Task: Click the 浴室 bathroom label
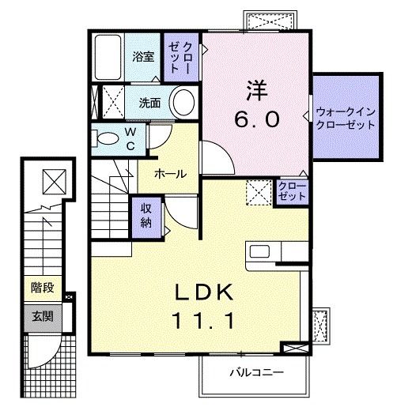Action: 142,58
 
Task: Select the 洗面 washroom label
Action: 150,102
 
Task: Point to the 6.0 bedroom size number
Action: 255,119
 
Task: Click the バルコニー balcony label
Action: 256,371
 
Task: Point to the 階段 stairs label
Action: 42,289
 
